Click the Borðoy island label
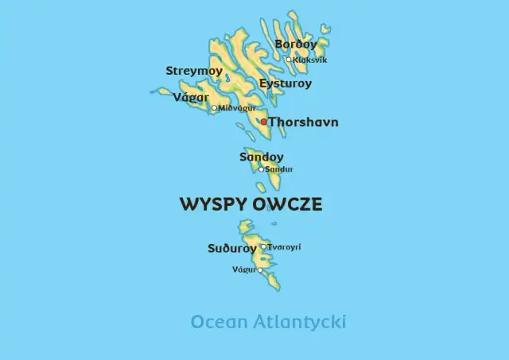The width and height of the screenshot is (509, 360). pos(295,45)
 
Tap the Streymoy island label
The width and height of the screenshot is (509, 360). pos(194,71)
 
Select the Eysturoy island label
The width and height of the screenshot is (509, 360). pos(286,83)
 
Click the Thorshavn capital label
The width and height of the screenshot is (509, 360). pos(303,122)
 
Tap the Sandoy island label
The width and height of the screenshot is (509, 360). pos(262,157)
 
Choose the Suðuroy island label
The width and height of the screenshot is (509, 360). pos(232,249)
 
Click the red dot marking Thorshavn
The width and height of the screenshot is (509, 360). pos(264,122)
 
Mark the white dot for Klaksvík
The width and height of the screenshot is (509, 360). pos(289,59)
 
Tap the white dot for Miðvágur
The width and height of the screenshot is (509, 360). pos(214,108)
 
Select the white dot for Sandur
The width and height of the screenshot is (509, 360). pos(261,168)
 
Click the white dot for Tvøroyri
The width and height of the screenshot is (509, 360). pos(263,246)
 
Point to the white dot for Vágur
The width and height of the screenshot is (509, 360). pos(260,270)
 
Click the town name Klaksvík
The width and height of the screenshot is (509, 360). pos(309,60)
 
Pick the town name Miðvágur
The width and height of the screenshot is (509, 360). pos(237,108)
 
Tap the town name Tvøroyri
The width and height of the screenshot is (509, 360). pos(285,247)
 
